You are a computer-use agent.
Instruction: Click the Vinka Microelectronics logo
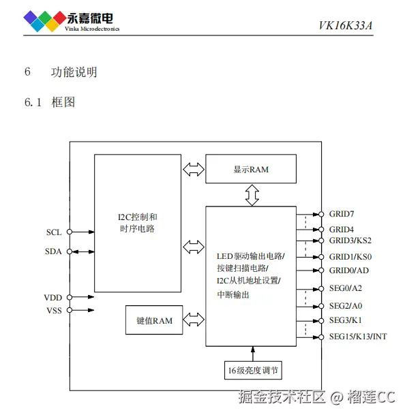(x=71, y=20)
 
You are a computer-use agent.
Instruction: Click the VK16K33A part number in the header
(x=346, y=27)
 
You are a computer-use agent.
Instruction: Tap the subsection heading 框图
(x=63, y=102)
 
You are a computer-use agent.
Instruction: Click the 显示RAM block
(x=251, y=169)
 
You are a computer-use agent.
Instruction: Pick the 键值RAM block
(x=154, y=320)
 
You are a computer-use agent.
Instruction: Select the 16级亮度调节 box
(x=253, y=371)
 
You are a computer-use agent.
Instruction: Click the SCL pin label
(x=54, y=232)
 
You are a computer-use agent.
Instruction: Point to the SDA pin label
(x=53, y=251)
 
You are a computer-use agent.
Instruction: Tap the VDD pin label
(x=53, y=298)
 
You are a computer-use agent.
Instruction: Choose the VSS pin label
(x=53, y=311)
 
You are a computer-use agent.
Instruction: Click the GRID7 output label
(x=342, y=214)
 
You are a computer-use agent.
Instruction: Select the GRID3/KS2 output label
(x=350, y=240)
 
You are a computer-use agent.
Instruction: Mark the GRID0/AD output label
(x=348, y=271)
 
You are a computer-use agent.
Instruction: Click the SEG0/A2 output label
(x=345, y=288)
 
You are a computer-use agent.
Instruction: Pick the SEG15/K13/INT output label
(x=357, y=337)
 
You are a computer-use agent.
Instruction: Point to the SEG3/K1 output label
(x=345, y=320)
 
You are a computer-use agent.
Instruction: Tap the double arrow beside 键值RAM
(x=194, y=320)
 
